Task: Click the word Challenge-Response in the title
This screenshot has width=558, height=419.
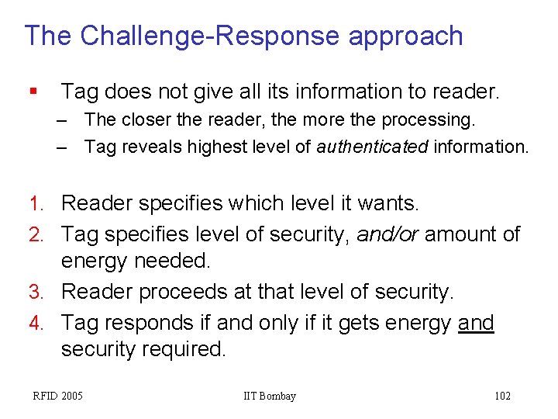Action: pyautogui.click(x=210, y=36)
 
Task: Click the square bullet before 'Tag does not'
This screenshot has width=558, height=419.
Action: pyautogui.click(x=32, y=92)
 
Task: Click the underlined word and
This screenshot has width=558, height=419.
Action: pyautogui.click(x=476, y=322)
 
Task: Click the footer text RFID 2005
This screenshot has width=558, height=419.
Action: pyautogui.click(x=57, y=396)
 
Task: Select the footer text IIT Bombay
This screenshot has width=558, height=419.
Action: pyautogui.click(x=270, y=396)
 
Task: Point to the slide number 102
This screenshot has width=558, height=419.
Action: pyautogui.click(x=502, y=396)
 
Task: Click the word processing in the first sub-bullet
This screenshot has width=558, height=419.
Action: pyautogui.click(x=436, y=121)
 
